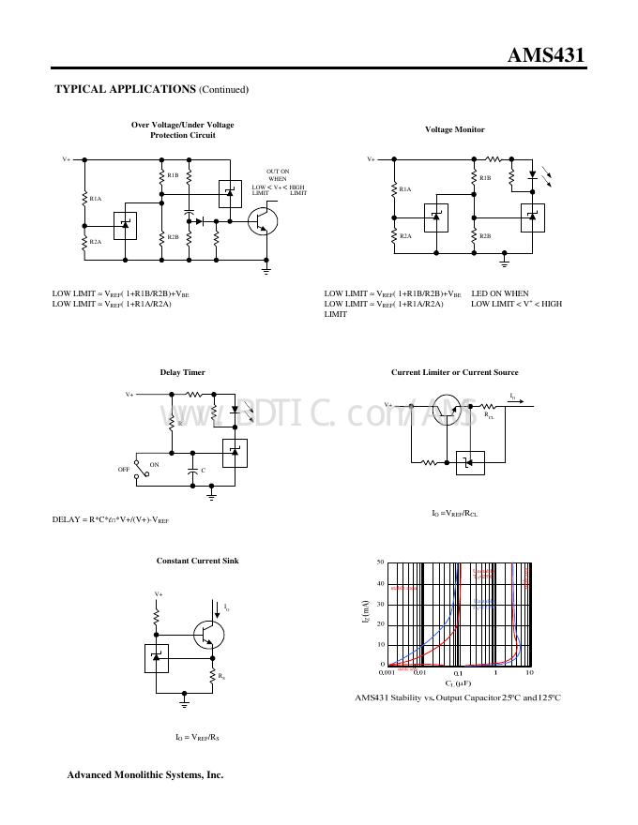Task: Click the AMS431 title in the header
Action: [x=546, y=54]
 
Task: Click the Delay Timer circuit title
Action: [x=182, y=372]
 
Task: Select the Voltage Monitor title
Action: [x=455, y=129]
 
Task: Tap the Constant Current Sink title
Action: [x=197, y=561]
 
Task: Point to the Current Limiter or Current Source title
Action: [x=454, y=372]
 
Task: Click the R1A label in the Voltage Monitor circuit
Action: [x=405, y=189]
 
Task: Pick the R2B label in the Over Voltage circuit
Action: [x=173, y=237]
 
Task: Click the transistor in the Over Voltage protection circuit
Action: [x=264, y=220]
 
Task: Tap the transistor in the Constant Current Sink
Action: [x=208, y=635]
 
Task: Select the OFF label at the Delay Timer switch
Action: [x=123, y=469]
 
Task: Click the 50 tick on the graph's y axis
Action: [x=380, y=562]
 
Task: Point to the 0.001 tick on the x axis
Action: [x=386, y=673]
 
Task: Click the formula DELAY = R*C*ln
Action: [x=111, y=519]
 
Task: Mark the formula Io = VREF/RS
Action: [x=197, y=737]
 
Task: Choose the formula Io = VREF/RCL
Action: [x=454, y=514]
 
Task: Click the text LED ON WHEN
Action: [x=500, y=293]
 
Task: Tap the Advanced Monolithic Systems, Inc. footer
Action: [x=145, y=775]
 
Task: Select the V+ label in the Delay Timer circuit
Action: [x=130, y=395]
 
